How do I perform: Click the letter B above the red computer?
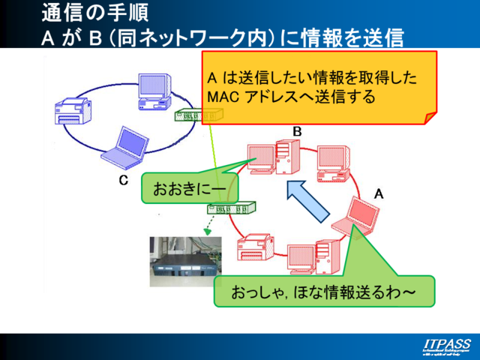coord(297,132)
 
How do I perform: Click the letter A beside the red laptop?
coord(379,193)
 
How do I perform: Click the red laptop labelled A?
coord(355,215)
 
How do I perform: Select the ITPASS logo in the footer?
coord(443,346)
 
